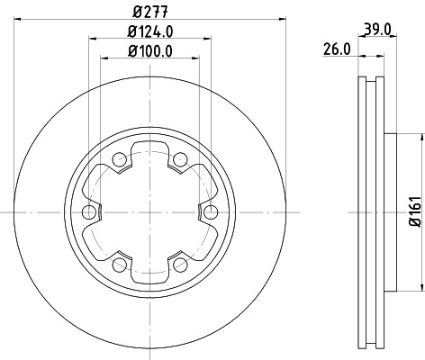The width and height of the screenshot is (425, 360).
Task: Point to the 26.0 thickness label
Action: [336, 51]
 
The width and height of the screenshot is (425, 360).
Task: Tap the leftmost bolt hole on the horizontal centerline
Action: [88, 212]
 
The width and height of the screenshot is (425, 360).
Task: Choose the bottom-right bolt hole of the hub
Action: [179, 264]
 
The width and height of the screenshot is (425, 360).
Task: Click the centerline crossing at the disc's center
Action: [149, 212]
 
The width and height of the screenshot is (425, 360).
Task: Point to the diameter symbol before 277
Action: [134, 12]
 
